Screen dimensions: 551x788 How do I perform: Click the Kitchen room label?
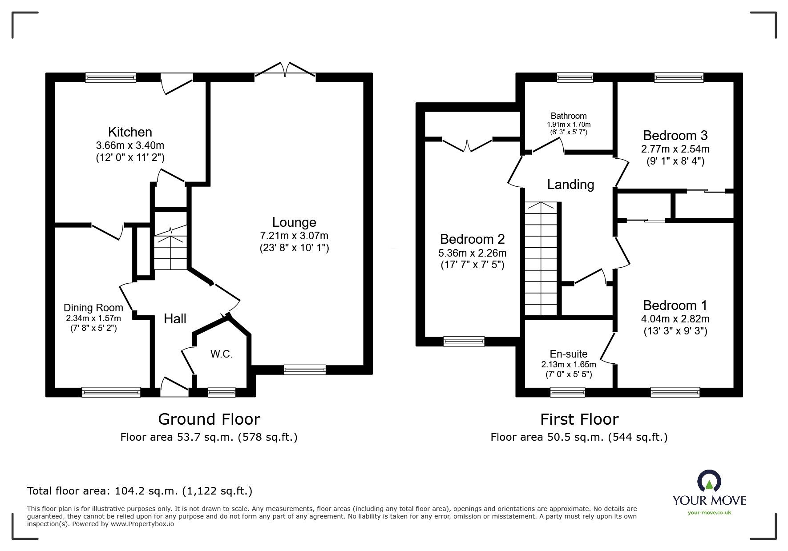(130, 132)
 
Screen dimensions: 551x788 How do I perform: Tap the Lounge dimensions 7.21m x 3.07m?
(294, 235)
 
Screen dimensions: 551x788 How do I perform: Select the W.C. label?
(222, 354)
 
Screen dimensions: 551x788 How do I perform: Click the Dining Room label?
(93, 308)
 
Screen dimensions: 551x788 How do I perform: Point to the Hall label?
(175, 318)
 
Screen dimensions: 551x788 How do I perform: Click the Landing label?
(570, 184)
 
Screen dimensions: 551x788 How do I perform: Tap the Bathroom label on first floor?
(568, 116)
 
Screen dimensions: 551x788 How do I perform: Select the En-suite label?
(568, 354)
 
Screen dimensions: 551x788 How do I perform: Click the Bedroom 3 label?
(675, 135)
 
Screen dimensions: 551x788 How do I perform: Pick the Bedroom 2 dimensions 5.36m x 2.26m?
(472, 253)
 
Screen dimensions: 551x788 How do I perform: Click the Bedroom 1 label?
(675, 305)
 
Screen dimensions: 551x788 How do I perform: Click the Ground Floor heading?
(209, 419)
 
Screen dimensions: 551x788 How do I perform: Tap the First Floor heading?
(579, 419)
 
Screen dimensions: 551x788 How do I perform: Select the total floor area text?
(140, 491)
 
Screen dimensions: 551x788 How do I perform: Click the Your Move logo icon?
(709, 482)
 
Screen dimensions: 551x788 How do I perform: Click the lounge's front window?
(304, 369)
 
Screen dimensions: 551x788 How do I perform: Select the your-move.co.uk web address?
(709, 513)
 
